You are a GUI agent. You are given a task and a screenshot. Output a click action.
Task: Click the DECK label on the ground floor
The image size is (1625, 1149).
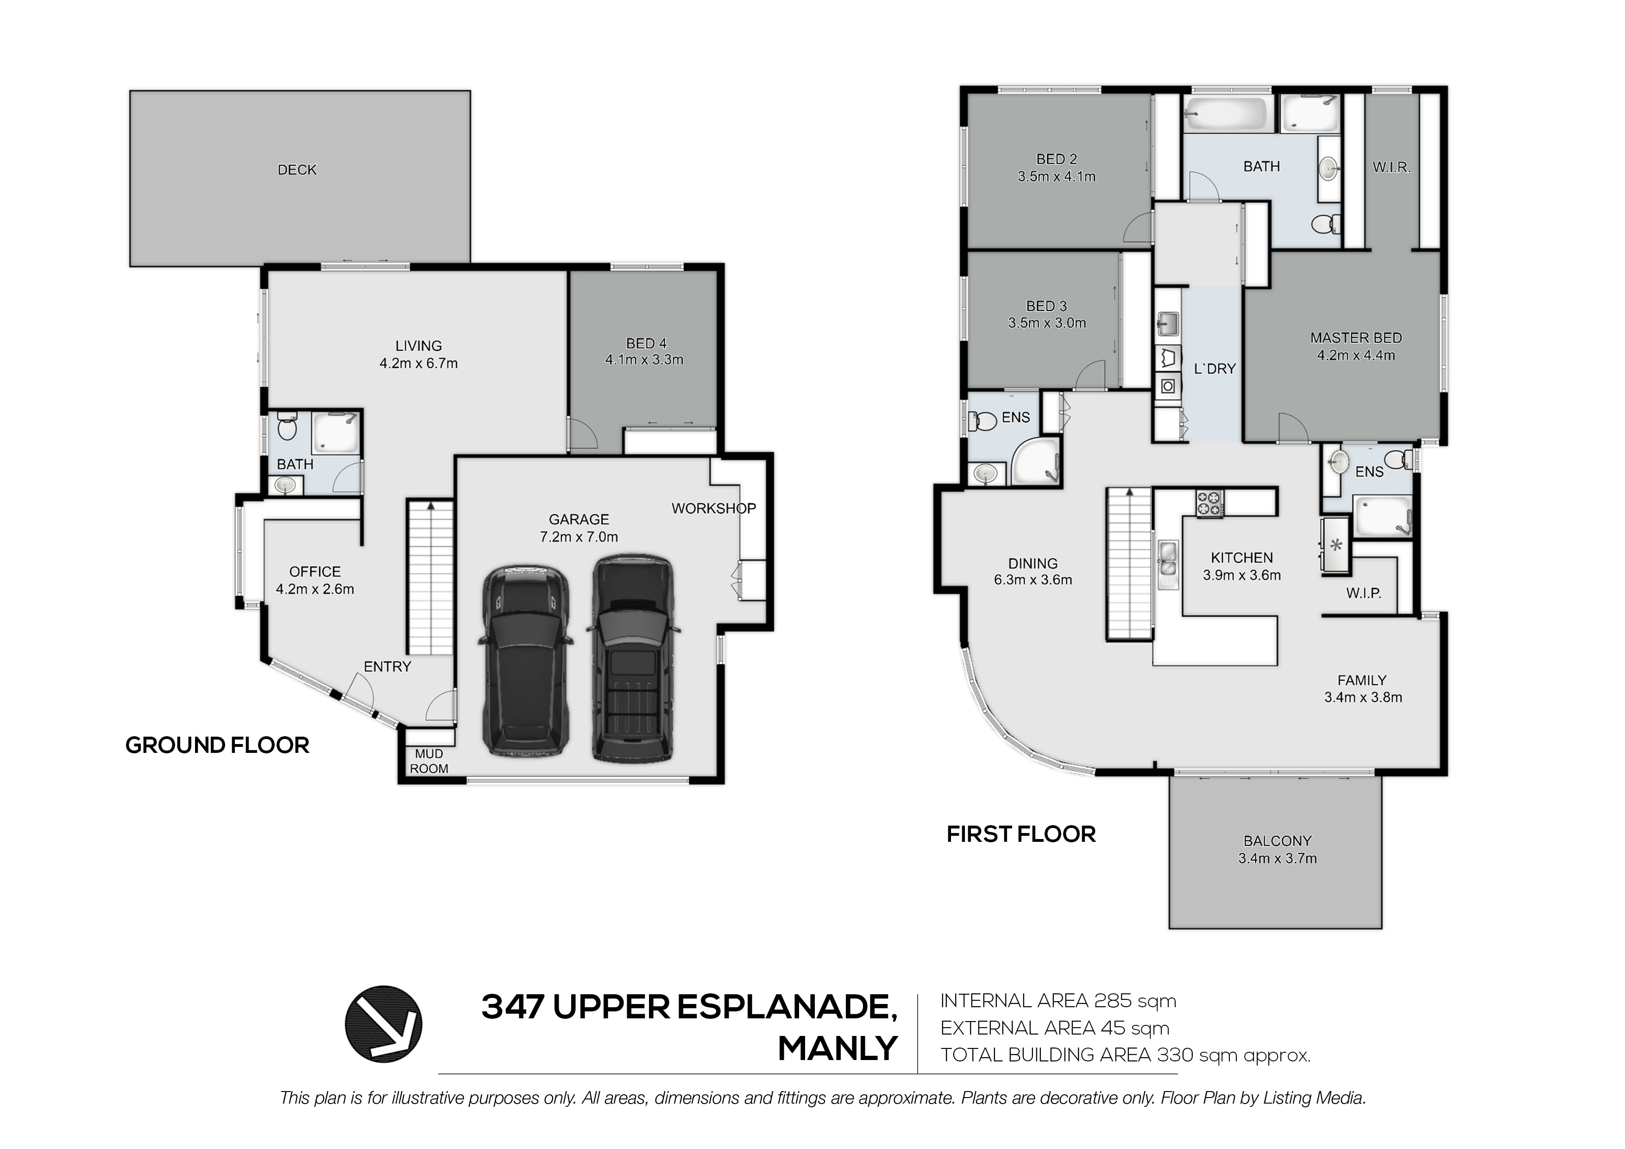point(297,170)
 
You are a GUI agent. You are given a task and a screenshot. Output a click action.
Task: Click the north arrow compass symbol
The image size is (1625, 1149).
point(383,1024)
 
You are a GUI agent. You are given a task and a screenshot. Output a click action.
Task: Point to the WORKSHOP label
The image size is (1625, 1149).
point(713,508)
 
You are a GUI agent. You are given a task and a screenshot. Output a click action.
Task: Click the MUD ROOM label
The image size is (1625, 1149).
point(429,761)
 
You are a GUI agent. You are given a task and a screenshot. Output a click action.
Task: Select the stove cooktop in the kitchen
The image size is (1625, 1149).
point(1209,503)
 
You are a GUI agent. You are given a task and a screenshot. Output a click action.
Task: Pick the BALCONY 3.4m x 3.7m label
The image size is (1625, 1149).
point(1278,850)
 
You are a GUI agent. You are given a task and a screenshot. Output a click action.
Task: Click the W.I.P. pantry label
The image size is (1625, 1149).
point(1363,593)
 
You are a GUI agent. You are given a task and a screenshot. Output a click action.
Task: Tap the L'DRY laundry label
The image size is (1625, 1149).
point(1215,369)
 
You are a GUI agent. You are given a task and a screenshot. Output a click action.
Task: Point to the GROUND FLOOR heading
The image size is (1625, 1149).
point(217,745)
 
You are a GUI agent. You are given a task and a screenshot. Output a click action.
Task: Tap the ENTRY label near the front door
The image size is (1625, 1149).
point(387,666)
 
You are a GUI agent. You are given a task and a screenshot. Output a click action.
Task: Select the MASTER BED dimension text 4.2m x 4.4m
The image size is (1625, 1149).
point(1356,355)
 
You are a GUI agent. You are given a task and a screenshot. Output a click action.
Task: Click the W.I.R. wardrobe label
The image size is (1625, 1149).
point(1392,168)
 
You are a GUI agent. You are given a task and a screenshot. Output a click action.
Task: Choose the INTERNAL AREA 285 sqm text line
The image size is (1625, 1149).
point(1058,1001)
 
